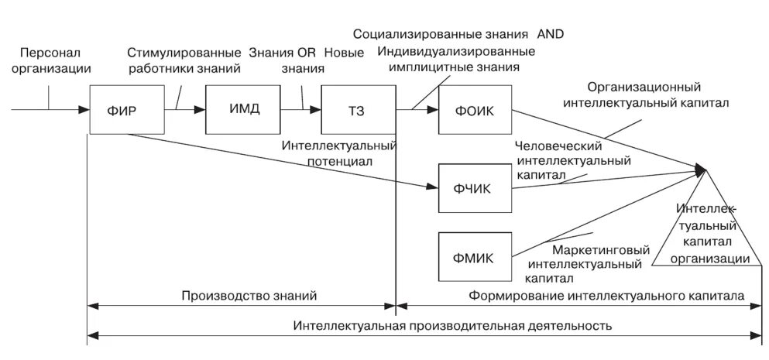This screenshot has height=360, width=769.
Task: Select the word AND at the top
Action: pos(551,35)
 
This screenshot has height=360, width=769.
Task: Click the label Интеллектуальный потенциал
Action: pos(339,154)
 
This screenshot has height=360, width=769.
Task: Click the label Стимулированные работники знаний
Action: pos(184,60)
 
